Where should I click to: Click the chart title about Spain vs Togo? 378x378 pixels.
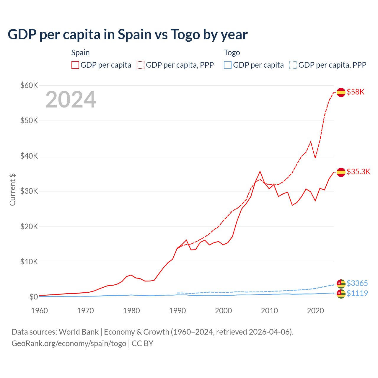coord(128,35)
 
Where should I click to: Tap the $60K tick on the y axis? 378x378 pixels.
coord(29,86)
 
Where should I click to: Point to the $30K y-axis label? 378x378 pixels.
coord(29,191)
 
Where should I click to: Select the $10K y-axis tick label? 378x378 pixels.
coord(29,262)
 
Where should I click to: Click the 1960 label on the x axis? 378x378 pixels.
coord(39,311)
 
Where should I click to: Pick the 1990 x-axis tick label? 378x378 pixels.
coord(177,311)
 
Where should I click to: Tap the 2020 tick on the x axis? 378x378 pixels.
coord(316,311)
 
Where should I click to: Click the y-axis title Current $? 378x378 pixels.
coord(12,189)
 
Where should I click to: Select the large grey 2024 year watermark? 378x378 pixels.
coord(71,100)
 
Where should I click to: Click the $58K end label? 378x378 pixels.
coord(356,92)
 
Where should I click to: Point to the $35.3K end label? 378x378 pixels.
coord(358,172)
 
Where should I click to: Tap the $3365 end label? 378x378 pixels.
coord(357,283)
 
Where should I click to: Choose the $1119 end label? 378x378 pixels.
coord(357,293)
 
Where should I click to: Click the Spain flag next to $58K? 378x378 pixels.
coord(341,92)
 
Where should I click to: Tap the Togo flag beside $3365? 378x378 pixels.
coord(341,284)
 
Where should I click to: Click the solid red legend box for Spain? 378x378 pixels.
coord(75,65)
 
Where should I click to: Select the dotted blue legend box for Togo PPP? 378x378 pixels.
coord(293,65)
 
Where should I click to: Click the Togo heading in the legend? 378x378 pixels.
coord(232,53)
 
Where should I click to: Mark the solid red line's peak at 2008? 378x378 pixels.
coord(260,171)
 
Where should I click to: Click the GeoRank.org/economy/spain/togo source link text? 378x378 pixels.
coord(69,343)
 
